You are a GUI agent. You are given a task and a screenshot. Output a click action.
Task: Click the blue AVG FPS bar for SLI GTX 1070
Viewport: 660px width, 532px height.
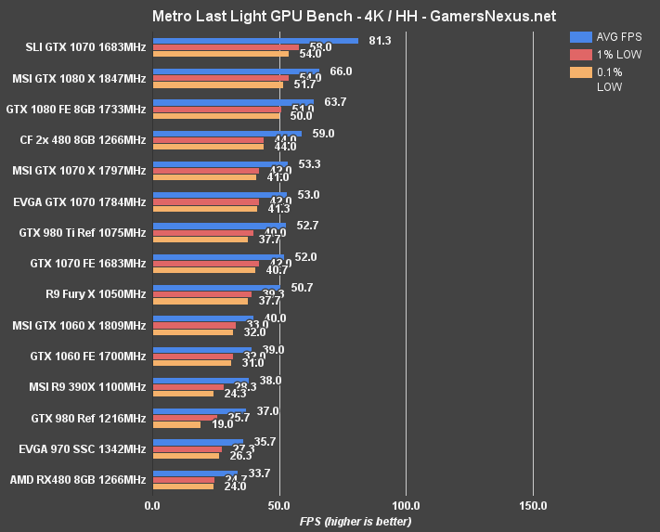pos(255,41)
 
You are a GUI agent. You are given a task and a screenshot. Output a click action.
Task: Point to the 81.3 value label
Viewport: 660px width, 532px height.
pos(380,40)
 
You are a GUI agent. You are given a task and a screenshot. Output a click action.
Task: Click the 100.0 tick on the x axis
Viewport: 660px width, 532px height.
pos(405,506)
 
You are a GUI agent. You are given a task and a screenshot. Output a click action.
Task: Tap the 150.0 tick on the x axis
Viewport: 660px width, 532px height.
pos(532,506)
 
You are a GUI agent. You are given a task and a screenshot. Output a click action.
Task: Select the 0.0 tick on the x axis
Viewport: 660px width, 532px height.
pos(152,506)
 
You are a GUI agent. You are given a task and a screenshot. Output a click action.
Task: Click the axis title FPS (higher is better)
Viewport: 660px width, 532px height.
pos(355,521)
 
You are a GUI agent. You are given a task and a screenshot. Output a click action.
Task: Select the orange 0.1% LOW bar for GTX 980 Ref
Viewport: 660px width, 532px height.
pos(176,424)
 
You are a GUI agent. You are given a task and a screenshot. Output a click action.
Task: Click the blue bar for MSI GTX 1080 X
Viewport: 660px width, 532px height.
pos(236,71)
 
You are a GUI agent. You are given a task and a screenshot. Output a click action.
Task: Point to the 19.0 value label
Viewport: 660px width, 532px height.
pos(222,424)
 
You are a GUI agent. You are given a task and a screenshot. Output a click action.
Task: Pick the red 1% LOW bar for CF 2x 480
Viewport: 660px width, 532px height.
pos(208,140)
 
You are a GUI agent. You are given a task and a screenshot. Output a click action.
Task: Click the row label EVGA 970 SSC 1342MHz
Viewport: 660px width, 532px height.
pos(82,449)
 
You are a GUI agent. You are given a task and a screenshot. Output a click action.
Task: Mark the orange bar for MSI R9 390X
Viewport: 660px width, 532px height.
pos(183,394)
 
